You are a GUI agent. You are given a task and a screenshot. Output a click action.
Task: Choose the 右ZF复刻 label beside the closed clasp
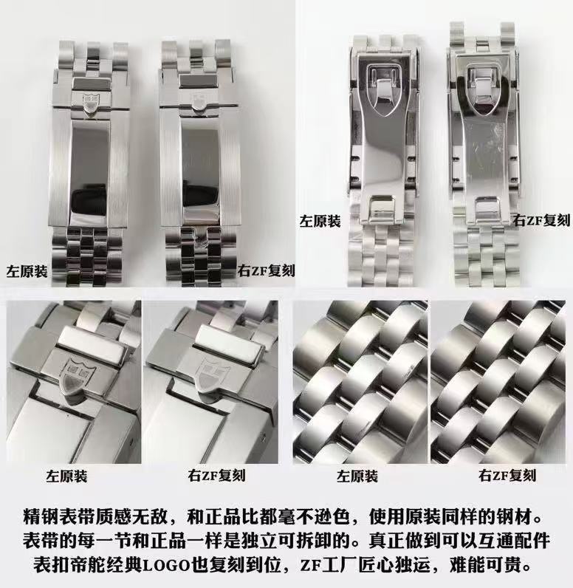pos(266,271)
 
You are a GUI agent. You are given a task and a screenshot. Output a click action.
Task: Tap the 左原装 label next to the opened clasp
pos(320,221)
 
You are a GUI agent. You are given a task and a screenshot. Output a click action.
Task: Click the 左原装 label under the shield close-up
pos(66,476)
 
